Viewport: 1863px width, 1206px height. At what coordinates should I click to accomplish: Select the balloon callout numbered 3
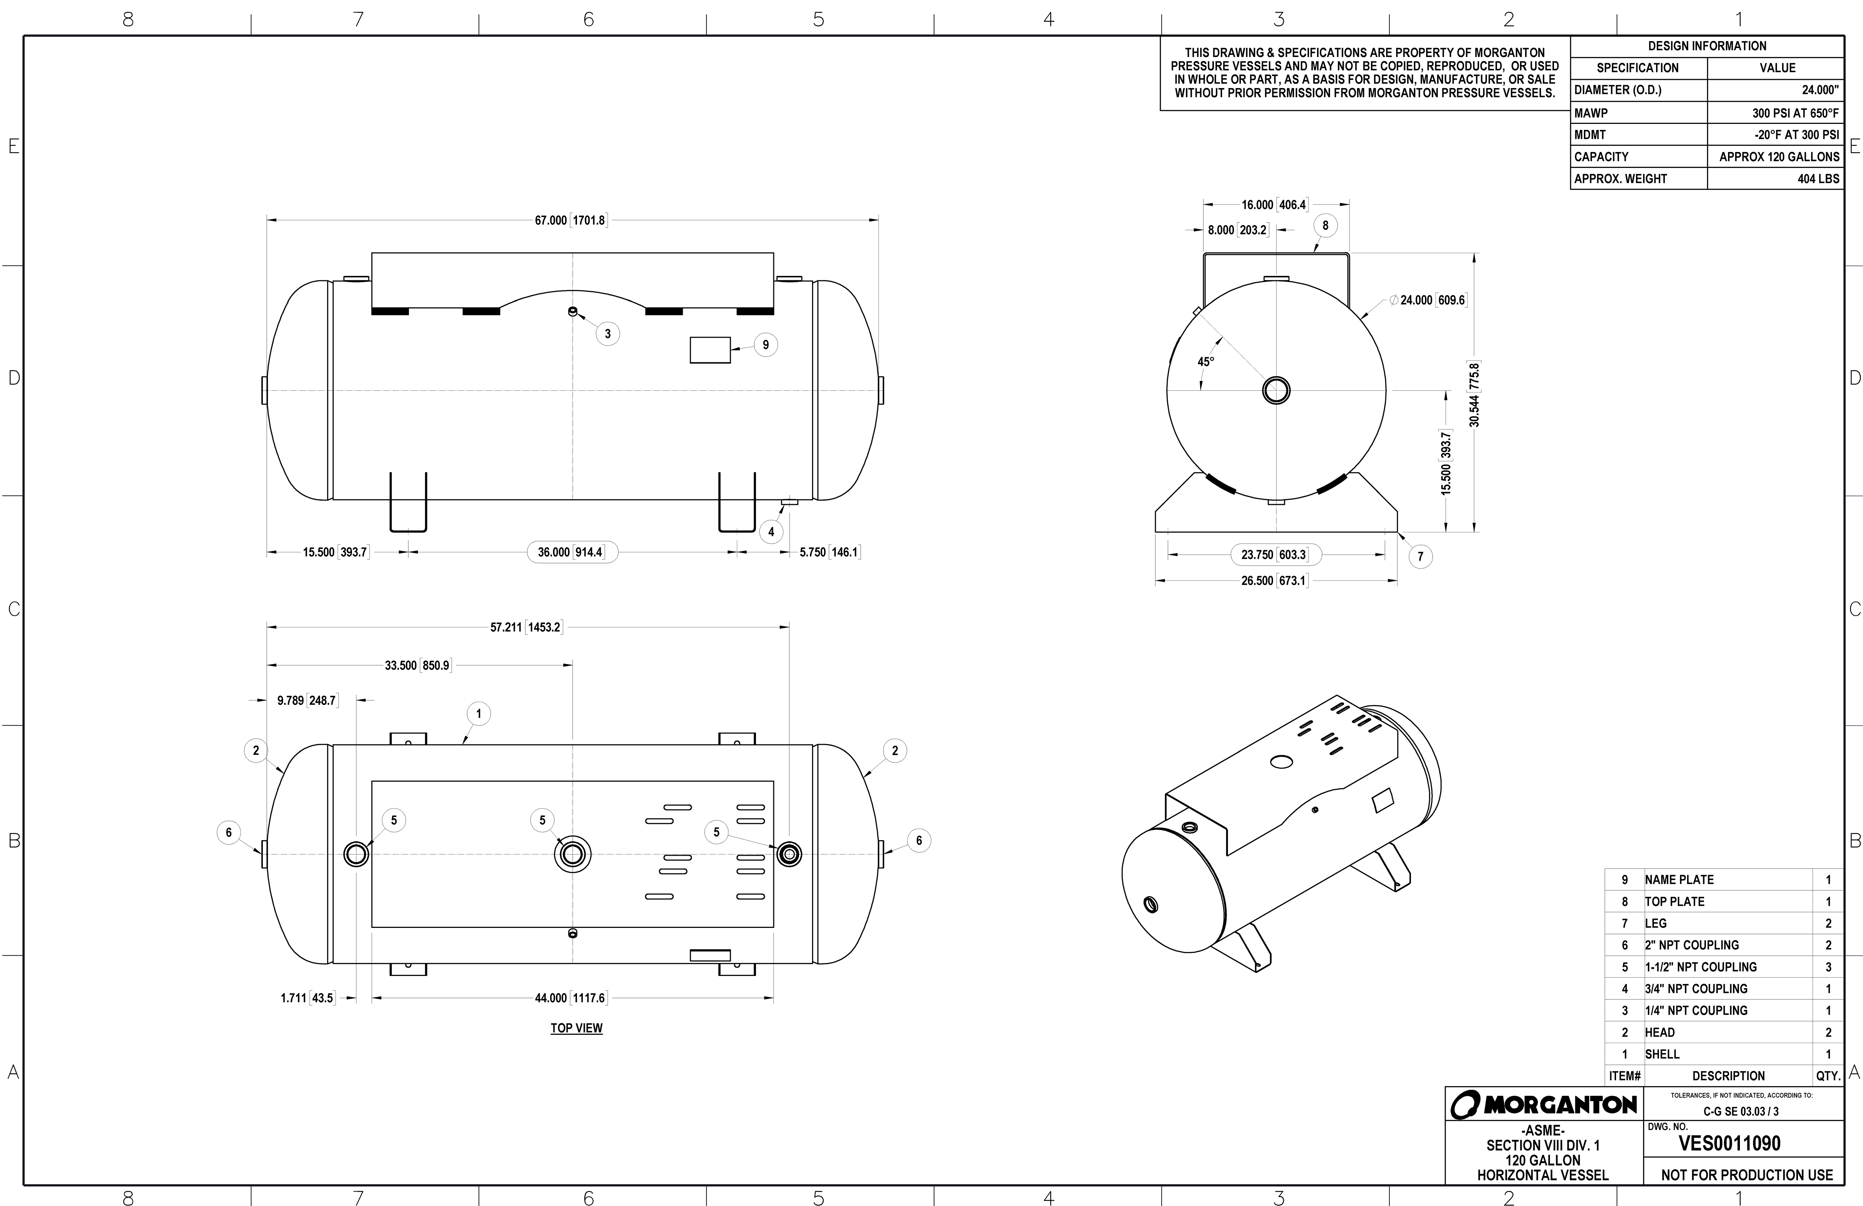[607, 334]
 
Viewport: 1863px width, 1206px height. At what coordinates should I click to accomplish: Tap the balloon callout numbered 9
[765, 345]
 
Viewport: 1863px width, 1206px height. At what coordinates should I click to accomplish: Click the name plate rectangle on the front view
[710, 350]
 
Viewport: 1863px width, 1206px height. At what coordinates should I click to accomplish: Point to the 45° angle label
[1206, 362]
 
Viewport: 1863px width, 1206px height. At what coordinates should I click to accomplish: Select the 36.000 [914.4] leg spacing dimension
[571, 552]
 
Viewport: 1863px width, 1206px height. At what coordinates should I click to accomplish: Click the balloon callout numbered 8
[1325, 225]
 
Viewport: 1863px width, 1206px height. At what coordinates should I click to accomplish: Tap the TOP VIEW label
[576, 1028]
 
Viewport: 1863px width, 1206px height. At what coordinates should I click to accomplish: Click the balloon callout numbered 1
[478, 713]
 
